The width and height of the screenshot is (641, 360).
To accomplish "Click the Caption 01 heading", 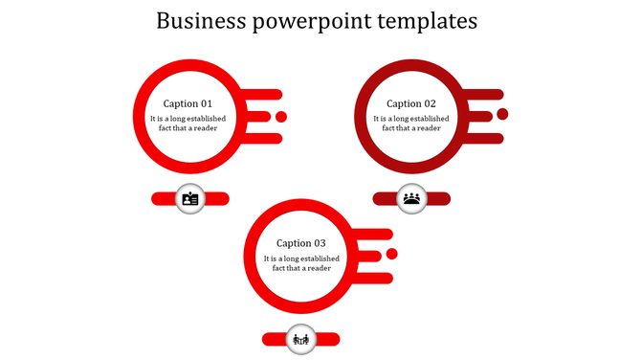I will (188, 103).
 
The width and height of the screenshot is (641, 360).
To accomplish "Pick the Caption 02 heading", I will (411, 103).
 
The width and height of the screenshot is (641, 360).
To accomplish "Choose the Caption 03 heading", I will (301, 243).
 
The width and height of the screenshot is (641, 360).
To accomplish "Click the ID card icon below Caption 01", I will (190, 199).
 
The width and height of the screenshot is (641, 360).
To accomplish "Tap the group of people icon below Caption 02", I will (411, 198).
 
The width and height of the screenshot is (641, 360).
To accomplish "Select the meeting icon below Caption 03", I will (301, 339).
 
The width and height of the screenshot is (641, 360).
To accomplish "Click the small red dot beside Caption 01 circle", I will (281, 117).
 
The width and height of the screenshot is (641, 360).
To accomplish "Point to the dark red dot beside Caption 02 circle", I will (502, 115).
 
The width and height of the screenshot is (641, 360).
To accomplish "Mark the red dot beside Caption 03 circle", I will (391, 254).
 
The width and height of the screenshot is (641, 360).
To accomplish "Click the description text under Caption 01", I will (188, 124).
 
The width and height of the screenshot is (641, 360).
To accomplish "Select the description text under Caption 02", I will (411, 124).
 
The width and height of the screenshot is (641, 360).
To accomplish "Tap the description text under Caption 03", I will (301, 263).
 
